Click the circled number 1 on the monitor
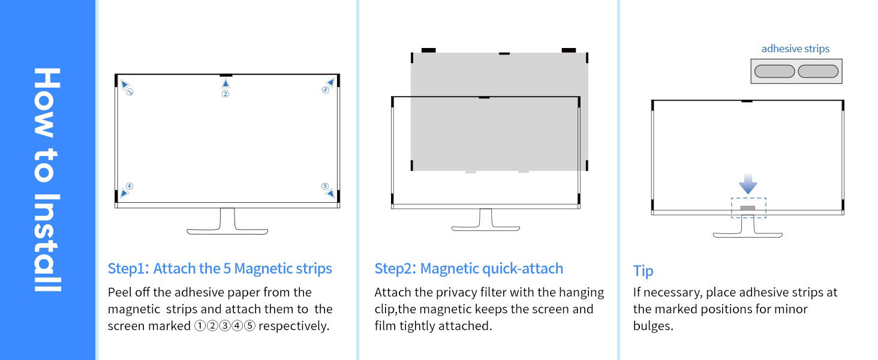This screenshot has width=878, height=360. (129, 92)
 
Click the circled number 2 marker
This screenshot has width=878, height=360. (225, 94)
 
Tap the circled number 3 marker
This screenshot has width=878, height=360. (325, 90)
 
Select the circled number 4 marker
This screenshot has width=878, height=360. (130, 186)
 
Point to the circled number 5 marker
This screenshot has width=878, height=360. (325, 186)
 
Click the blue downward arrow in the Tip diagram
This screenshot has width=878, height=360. (748, 184)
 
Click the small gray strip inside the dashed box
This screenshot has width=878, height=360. (748, 208)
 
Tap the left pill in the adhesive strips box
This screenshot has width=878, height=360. (774, 71)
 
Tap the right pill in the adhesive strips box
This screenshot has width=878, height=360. (818, 71)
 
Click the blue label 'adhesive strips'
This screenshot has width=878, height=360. (795, 49)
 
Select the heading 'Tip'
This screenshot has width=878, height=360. (643, 271)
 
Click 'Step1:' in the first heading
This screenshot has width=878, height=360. (128, 268)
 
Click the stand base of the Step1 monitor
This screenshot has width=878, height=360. (227, 231)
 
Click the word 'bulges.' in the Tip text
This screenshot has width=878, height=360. (653, 326)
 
